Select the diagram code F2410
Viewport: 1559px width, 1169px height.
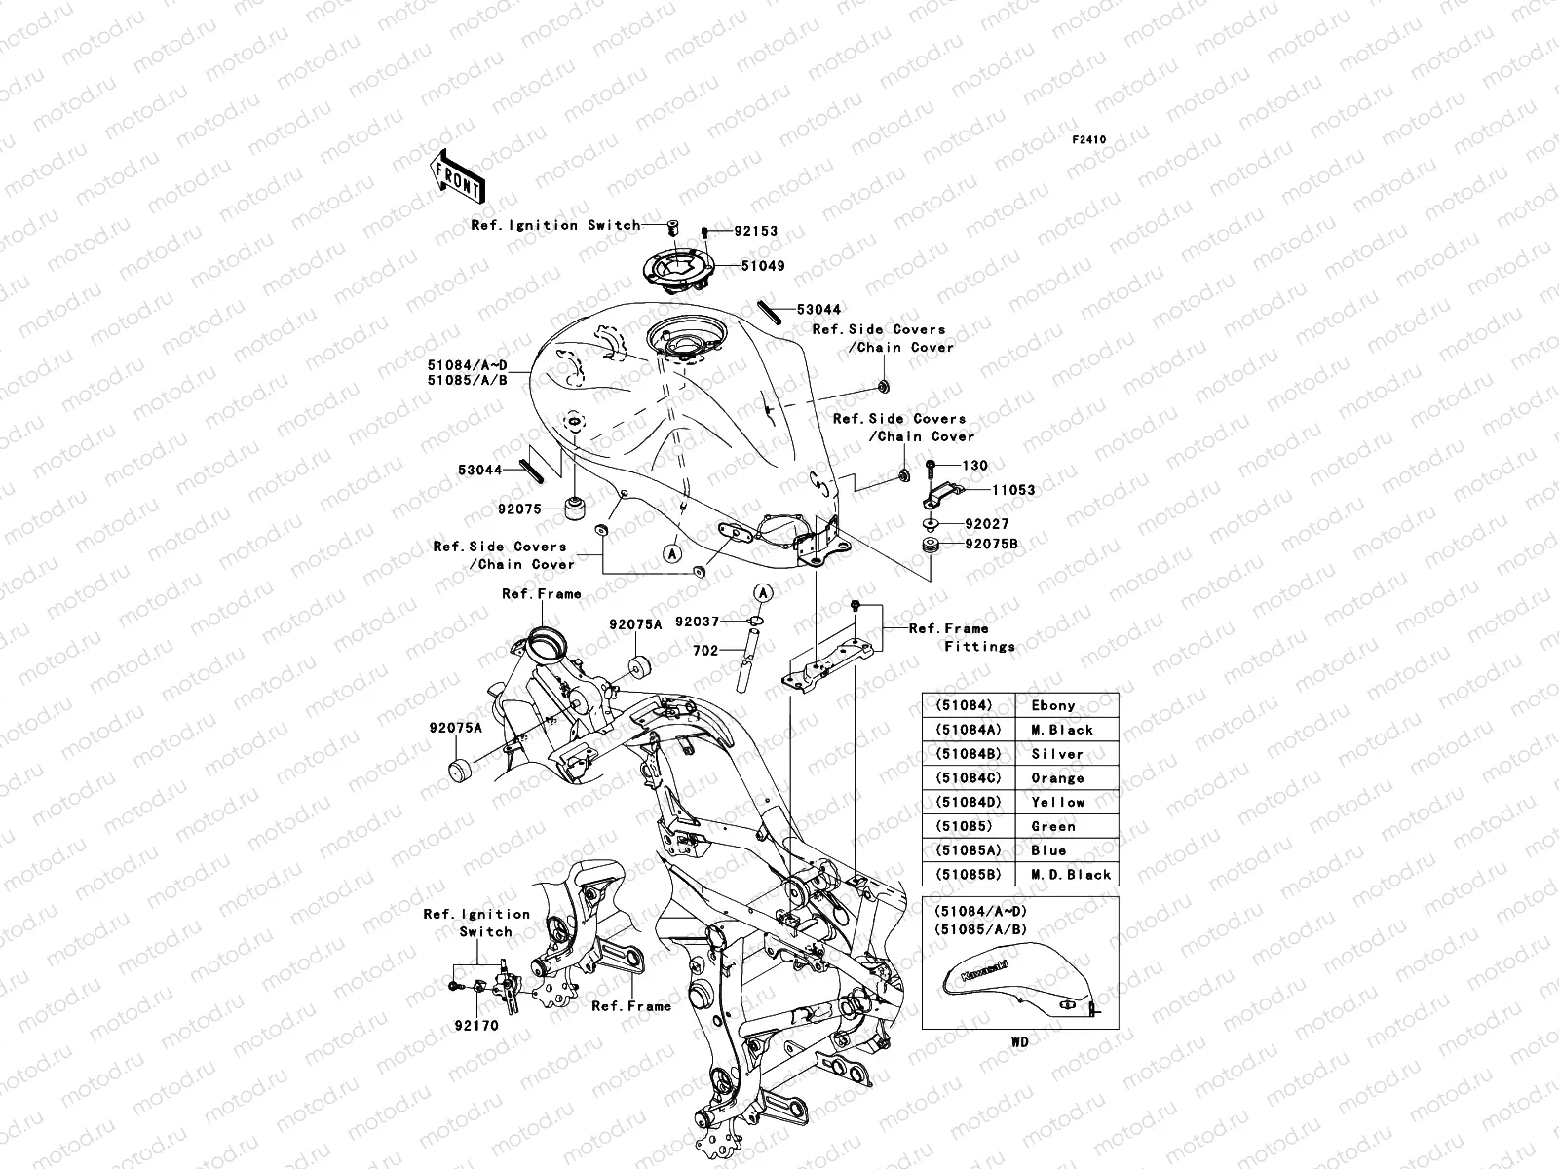point(1089,140)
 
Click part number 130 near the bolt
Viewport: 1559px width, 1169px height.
point(974,466)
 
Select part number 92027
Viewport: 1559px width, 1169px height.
point(986,524)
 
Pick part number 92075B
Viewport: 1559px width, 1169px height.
point(991,544)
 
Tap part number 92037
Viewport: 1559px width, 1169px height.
point(697,622)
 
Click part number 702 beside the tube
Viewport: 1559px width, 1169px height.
point(705,650)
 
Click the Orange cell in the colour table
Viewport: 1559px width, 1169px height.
point(1057,778)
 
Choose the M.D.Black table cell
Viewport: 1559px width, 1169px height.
point(1067,875)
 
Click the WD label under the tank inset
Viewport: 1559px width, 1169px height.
point(1019,1041)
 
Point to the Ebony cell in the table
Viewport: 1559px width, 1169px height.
point(1052,705)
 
